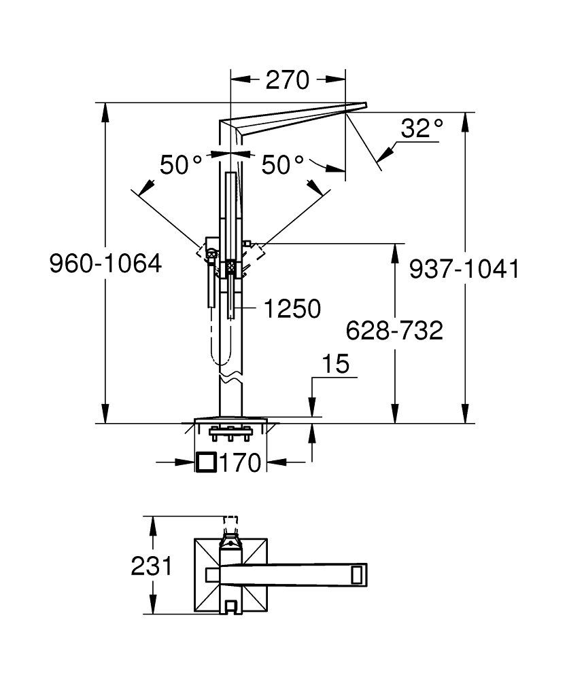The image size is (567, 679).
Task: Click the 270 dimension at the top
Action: [287, 80]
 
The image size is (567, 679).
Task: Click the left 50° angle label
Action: [181, 165]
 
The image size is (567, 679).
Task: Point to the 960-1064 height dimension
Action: [105, 263]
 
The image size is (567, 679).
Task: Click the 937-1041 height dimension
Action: [464, 270]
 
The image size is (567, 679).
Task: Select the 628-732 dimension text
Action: [394, 331]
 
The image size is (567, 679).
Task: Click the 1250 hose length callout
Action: [292, 309]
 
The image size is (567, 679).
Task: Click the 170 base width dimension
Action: [240, 463]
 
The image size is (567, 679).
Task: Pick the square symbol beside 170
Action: [206, 462]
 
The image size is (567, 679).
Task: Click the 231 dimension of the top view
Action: [152, 566]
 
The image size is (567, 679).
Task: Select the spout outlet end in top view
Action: [358, 574]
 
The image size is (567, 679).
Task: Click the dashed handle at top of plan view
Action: [231, 523]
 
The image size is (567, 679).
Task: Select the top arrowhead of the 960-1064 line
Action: [105, 109]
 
